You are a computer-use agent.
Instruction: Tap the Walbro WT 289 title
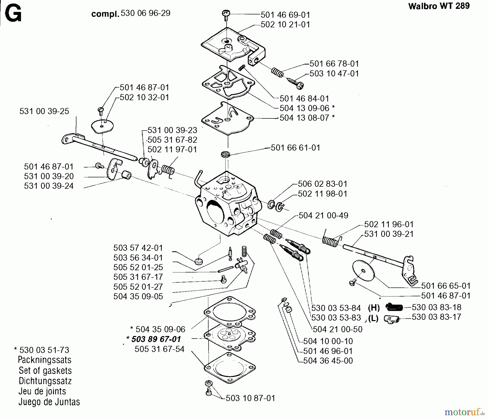click(x=439, y=6)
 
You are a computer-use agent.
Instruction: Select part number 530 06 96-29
click(x=145, y=13)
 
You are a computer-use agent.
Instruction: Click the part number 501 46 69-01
click(x=285, y=15)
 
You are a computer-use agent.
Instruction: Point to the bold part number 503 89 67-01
click(x=156, y=339)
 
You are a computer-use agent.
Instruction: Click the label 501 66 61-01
click(x=296, y=148)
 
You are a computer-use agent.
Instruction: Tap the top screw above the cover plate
click(x=226, y=13)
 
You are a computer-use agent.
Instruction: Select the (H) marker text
click(x=374, y=308)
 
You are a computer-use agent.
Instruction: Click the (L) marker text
click(x=374, y=318)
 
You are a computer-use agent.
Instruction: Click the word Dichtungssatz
click(x=45, y=381)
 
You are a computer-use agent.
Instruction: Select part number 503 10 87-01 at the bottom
click(x=250, y=398)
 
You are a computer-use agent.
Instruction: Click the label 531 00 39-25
click(x=44, y=111)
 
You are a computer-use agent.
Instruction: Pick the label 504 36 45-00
click(x=328, y=360)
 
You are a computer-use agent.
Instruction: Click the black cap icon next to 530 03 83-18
click(x=394, y=307)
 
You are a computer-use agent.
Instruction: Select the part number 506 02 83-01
click(x=322, y=184)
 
